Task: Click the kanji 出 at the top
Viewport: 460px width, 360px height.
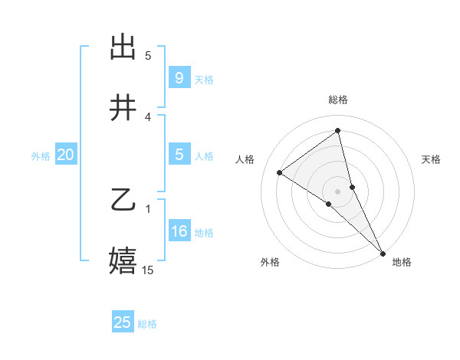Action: pyautogui.click(x=123, y=47)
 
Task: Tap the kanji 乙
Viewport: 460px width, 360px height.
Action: pyautogui.click(x=123, y=201)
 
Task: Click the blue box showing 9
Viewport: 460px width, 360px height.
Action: pyautogui.click(x=179, y=77)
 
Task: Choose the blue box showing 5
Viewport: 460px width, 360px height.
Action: pyautogui.click(x=179, y=155)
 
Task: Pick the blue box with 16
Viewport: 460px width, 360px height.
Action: pyautogui.click(x=179, y=231)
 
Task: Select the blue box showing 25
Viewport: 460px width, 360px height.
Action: pyautogui.click(x=123, y=322)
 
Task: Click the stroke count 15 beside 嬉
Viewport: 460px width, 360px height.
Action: pyautogui.click(x=148, y=270)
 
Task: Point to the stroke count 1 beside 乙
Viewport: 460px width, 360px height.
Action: pyautogui.click(x=148, y=208)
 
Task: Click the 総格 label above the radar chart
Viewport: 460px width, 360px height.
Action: pyautogui.click(x=338, y=100)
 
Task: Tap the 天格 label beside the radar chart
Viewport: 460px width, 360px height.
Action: pyautogui.click(x=432, y=159)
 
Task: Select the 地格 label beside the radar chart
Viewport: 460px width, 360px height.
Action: pyautogui.click(x=402, y=262)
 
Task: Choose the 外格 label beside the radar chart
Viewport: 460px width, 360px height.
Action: pyautogui.click(x=270, y=262)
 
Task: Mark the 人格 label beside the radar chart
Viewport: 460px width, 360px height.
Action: pyautogui.click(x=245, y=159)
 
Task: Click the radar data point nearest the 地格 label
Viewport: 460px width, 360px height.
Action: pyautogui.click(x=382, y=253)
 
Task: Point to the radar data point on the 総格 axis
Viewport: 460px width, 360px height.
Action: pyautogui.click(x=338, y=131)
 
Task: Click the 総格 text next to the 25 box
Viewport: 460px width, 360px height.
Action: pyautogui.click(x=147, y=324)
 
